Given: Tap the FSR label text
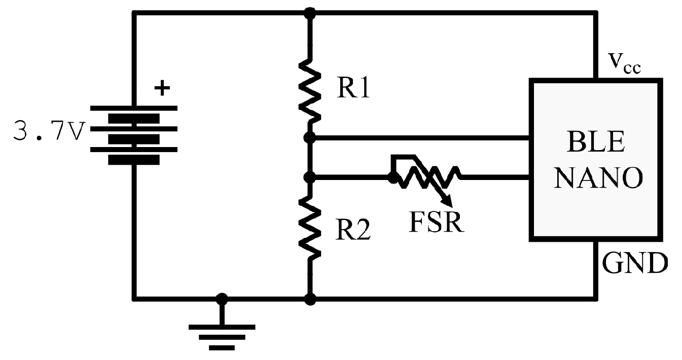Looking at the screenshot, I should click(x=437, y=221).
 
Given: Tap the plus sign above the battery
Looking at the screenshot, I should click(x=162, y=89).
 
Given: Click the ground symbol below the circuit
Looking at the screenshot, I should click(x=222, y=337).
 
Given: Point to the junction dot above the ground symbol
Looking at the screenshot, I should click(x=222, y=299).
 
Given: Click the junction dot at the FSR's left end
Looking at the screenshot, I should click(x=392, y=177).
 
